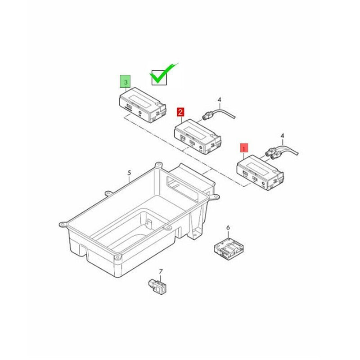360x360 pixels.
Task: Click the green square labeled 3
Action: [x=126, y=81]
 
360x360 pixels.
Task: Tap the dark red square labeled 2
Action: [x=180, y=112]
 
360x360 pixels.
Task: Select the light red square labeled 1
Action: [x=244, y=148]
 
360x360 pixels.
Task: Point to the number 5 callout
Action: [x=129, y=173]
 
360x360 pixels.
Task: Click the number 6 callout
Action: [x=228, y=228]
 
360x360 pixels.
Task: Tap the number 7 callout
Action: [x=161, y=272]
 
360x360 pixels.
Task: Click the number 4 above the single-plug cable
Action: [x=220, y=99]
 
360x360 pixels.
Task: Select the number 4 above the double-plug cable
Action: [x=283, y=136]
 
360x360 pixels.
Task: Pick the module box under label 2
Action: [x=198, y=137]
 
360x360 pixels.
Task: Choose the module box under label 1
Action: [x=260, y=173]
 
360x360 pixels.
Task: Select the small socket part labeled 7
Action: [x=157, y=286]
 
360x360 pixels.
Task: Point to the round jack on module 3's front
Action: [x=140, y=113]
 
